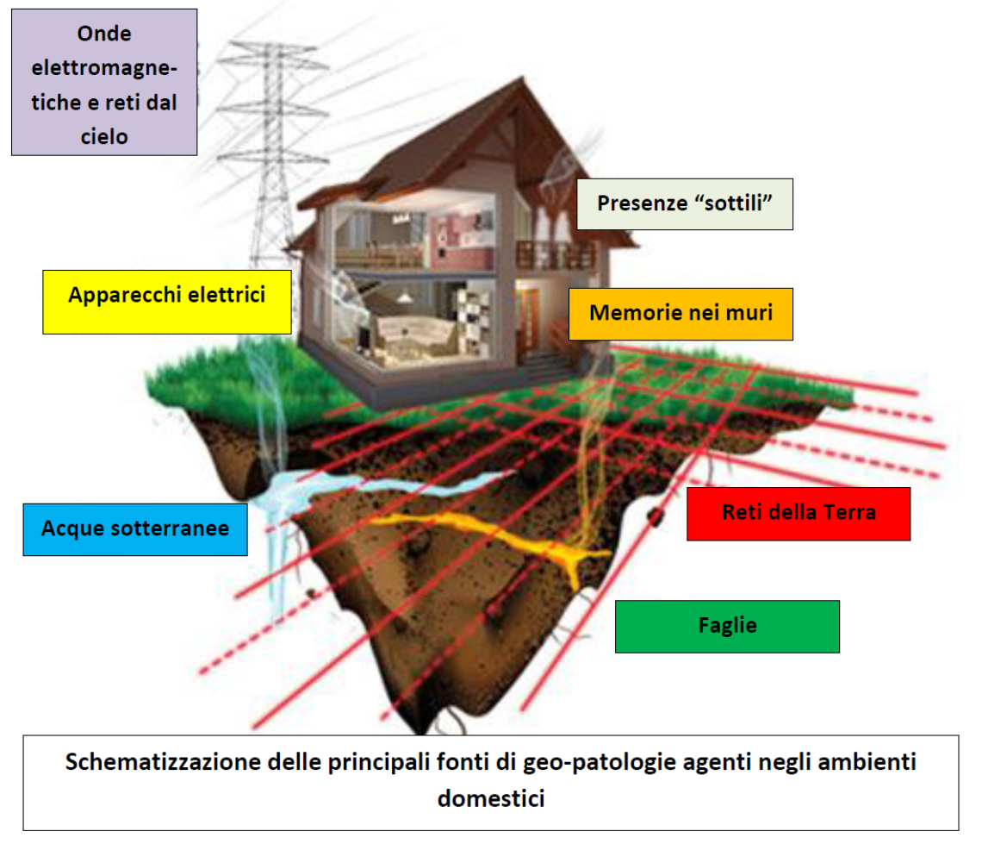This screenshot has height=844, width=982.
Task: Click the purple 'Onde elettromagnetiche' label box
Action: (104, 82)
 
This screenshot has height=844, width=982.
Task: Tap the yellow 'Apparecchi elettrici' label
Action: (166, 302)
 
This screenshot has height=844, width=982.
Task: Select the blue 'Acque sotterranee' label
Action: (135, 529)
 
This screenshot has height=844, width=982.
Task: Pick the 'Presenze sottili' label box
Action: (685, 204)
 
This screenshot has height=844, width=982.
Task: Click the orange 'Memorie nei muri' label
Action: (681, 314)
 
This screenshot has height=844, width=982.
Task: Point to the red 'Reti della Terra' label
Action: (799, 514)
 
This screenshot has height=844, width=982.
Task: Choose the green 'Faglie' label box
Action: (727, 627)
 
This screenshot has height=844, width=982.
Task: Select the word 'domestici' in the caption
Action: (491, 798)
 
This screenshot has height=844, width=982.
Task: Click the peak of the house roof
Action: (522, 78)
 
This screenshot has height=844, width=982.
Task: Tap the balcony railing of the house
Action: (554, 255)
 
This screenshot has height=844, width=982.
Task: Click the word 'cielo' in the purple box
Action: (104, 136)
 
